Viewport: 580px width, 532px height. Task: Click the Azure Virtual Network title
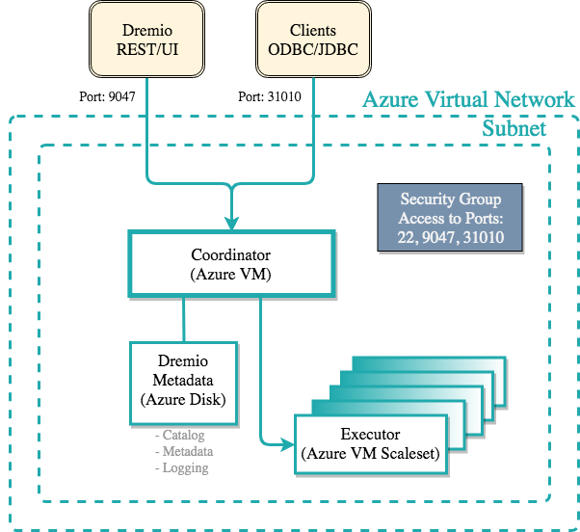[x=468, y=99]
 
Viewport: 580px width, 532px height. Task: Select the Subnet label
[x=514, y=129]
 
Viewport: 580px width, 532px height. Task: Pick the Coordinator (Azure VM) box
[x=232, y=263]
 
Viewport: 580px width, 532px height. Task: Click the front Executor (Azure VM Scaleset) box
[x=371, y=442]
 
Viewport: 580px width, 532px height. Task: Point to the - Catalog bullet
[x=182, y=436]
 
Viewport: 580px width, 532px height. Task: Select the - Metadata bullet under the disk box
[x=184, y=451]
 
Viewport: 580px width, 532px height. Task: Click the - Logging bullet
[x=182, y=467]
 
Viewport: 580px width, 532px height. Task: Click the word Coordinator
[x=232, y=255]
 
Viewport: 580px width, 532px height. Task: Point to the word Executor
[x=371, y=434]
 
